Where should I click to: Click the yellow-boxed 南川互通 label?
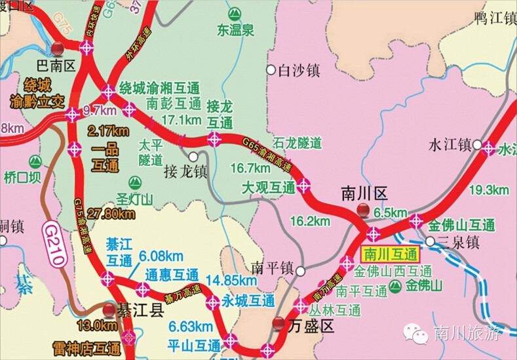click(x=391, y=254)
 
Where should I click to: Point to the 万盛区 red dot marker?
click(x=279, y=322)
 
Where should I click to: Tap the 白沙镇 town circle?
click(x=270, y=70)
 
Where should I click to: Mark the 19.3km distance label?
click(x=489, y=190)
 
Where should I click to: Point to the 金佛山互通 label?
click(x=461, y=225)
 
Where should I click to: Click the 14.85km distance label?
click(x=229, y=280)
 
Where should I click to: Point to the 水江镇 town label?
click(x=450, y=144)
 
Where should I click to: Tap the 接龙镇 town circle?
click(x=193, y=157)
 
